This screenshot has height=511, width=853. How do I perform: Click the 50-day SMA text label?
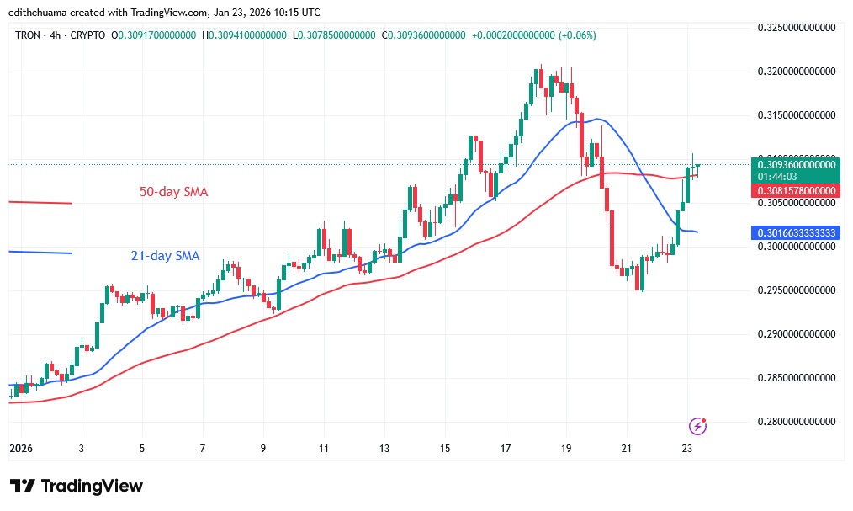tap(173, 192)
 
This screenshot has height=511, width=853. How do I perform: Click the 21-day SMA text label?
tap(165, 256)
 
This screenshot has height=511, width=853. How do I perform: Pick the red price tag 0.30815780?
tap(795, 191)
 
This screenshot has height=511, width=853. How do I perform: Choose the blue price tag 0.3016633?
tap(795, 232)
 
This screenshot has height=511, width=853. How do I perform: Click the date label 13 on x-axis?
tap(384, 449)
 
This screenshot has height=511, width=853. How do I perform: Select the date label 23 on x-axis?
tap(687, 449)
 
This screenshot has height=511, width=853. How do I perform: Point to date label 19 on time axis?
tap(566, 449)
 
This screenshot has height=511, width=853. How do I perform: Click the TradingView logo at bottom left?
tap(77, 486)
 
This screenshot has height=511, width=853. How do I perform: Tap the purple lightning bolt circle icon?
tap(697, 426)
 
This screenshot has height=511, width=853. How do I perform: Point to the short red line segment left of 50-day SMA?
tap(40, 202)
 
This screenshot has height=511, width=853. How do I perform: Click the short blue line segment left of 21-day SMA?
tap(40, 253)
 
